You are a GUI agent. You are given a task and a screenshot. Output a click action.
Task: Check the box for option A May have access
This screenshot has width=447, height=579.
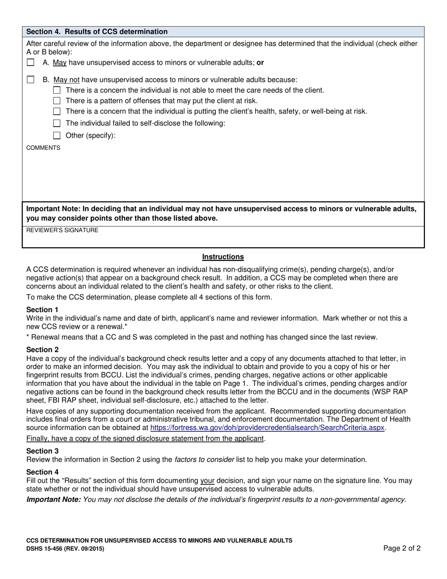31,62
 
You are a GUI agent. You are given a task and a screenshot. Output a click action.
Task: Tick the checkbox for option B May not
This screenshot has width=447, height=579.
31,80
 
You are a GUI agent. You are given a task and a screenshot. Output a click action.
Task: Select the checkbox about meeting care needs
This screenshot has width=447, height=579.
57,90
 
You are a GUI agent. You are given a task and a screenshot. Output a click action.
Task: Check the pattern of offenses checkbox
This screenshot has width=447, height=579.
57,100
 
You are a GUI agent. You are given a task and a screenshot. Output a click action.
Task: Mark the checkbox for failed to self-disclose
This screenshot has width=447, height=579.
57,123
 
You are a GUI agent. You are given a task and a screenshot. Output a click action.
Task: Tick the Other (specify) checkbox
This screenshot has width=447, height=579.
57,136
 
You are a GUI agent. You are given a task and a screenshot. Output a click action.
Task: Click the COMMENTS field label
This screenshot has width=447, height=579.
43,148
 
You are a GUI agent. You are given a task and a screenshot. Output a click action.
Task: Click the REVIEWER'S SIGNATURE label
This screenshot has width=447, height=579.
62,230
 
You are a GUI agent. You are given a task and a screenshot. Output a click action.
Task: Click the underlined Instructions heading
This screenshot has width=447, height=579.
223,257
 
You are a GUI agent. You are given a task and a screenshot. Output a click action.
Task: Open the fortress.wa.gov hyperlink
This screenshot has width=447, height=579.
267,428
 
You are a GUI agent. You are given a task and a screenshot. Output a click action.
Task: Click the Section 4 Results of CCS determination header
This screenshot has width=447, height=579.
97,32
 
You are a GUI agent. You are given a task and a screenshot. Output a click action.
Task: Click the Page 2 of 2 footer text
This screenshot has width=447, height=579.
401,548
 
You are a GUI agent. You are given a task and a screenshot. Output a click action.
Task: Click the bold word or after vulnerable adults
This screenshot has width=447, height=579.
260,62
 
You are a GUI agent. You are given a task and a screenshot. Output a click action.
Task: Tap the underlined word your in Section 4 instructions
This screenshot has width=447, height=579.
208,481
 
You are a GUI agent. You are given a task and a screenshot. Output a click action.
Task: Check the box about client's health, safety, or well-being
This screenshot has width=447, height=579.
57,112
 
